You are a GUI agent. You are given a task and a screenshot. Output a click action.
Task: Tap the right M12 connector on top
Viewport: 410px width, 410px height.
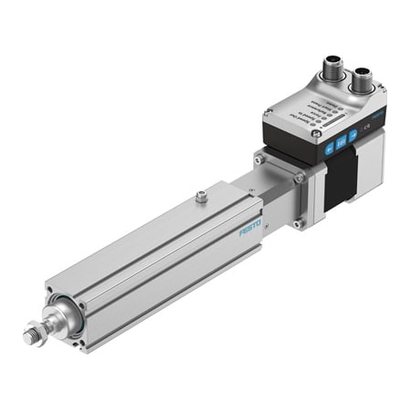[363, 81]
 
